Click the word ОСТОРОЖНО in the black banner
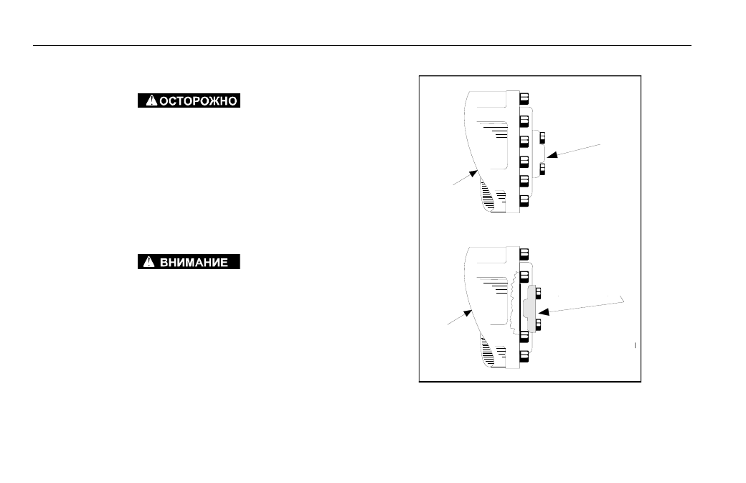(198, 101)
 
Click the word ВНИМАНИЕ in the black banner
(194, 262)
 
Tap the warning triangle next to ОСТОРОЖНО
(151, 100)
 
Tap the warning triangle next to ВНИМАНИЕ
(149, 262)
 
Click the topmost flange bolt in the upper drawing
(524, 98)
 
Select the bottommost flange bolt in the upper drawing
(524, 201)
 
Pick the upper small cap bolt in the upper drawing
(542, 138)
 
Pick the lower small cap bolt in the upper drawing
(542, 169)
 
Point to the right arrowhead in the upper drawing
(552, 154)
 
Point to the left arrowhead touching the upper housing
(473, 174)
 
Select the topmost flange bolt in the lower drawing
(524, 253)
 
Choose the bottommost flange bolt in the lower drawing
(524, 357)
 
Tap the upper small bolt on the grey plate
(538, 293)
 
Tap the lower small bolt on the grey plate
(538, 324)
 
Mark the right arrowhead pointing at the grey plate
(543, 312)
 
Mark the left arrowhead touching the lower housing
(468, 314)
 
